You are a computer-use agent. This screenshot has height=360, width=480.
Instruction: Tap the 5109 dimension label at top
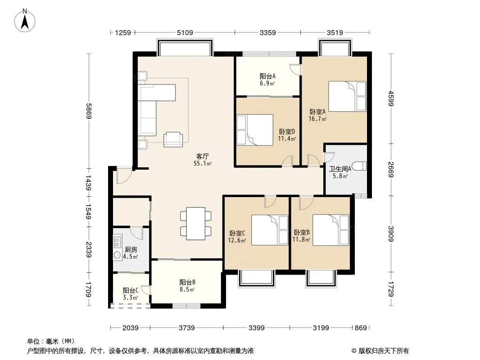[x=185, y=32]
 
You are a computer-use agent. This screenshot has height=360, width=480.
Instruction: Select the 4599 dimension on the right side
[x=391, y=98]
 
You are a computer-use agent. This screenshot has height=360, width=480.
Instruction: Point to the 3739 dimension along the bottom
[x=187, y=328]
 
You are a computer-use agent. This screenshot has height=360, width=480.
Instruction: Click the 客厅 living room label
[x=202, y=156]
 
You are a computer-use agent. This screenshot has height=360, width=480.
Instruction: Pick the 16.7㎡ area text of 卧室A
[x=317, y=119]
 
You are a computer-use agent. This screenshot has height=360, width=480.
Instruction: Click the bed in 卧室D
[x=255, y=130]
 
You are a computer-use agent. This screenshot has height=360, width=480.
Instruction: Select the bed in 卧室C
[x=270, y=230]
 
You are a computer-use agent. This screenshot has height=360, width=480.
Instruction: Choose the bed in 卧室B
[x=331, y=230]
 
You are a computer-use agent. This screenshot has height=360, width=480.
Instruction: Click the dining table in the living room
[x=196, y=224]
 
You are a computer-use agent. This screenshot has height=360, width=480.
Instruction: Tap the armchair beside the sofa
[x=173, y=139]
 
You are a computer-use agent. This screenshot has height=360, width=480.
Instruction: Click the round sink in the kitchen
[x=117, y=255]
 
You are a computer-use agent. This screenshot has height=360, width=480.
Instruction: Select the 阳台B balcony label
[x=187, y=282]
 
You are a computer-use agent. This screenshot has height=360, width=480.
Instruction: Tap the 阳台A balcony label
[x=267, y=76]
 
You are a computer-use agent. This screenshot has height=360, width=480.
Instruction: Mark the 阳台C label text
[x=131, y=290]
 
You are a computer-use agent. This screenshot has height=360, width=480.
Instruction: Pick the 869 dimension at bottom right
[x=361, y=328]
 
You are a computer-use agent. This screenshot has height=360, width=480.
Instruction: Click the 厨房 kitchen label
[x=131, y=250]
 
